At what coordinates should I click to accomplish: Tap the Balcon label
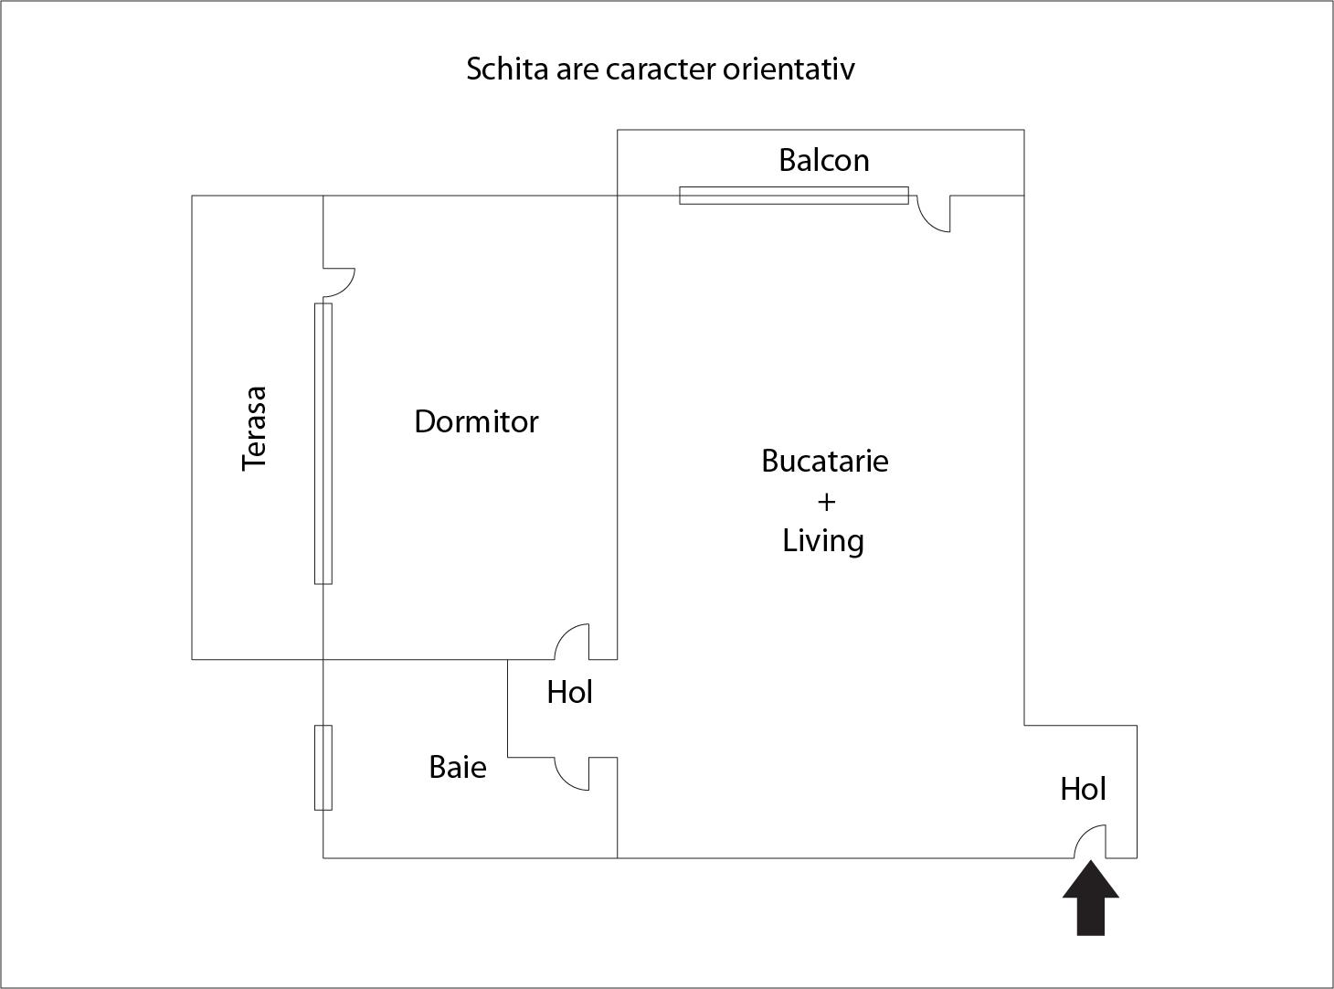823,160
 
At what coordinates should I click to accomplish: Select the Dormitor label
476,421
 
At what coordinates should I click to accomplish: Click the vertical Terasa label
255,428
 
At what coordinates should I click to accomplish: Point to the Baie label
457,767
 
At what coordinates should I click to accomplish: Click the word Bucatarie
824,461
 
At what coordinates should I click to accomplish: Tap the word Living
823,540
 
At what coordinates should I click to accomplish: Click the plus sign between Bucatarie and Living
826,501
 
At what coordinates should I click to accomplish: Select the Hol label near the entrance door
1083,789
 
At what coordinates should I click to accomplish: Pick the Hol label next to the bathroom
569,693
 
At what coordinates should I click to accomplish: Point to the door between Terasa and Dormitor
339,282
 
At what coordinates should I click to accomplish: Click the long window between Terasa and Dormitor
323,443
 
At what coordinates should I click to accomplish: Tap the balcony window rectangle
793,195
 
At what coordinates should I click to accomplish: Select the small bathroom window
323,768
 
